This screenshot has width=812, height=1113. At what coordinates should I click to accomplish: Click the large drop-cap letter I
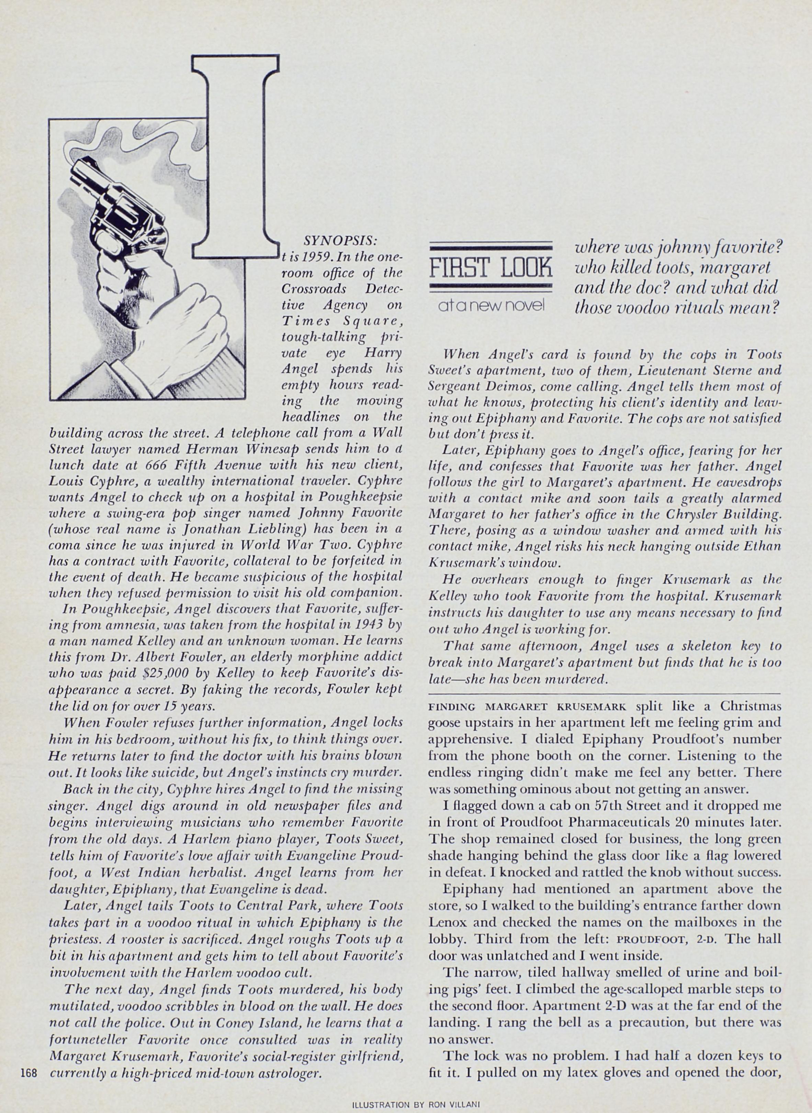click(235, 157)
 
